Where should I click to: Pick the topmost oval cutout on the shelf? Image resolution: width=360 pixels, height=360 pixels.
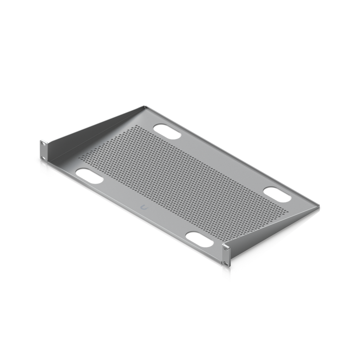[167, 131]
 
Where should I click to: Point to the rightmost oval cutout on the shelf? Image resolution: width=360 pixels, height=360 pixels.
[277, 194]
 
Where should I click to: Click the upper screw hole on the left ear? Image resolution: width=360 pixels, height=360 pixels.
[43, 143]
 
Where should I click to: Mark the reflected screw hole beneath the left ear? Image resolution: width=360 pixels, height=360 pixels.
[43, 165]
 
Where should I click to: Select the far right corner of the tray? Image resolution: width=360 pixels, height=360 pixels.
[319, 207]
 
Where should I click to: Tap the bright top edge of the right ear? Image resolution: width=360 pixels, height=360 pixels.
[227, 244]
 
